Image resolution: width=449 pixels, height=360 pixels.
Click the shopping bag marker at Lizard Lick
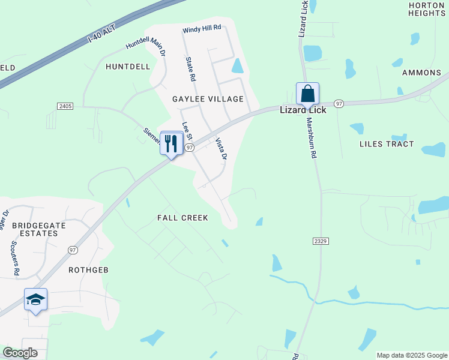click(x=307, y=94)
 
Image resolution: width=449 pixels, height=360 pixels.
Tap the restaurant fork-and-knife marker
click(x=172, y=144)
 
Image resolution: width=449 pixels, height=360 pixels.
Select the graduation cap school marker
click(x=35, y=299)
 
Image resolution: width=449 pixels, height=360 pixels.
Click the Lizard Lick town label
click(x=304, y=110)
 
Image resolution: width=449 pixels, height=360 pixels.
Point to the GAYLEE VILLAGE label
click(x=208, y=99)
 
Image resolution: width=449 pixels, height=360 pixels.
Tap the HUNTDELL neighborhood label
click(x=128, y=67)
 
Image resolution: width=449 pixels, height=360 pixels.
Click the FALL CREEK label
click(x=182, y=218)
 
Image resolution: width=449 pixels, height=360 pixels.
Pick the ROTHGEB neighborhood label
click(x=88, y=270)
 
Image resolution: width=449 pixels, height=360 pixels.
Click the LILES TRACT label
click(x=387, y=144)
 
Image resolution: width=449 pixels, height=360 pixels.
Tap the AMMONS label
click(x=421, y=73)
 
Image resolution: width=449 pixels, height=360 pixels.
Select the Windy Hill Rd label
click(x=202, y=28)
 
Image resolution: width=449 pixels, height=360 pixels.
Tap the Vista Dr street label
click(x=221, y=148)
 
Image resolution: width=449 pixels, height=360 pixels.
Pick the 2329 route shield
click(x=320, y=241)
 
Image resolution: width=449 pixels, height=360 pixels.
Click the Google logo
click(x=20, y=353)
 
